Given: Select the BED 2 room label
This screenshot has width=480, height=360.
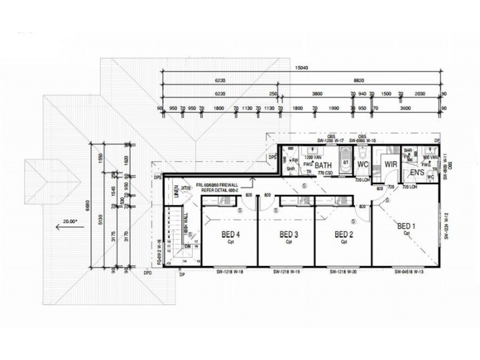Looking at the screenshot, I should pos(344,234).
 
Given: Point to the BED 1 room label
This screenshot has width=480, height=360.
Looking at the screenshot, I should pos(407,226).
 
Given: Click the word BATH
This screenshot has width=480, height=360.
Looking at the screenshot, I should pos(323,165).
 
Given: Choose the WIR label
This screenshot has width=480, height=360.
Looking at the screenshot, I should pos(391,163).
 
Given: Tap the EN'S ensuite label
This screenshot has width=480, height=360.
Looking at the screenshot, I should pos(418,173).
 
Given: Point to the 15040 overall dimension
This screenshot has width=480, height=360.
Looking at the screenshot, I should pos(302,68).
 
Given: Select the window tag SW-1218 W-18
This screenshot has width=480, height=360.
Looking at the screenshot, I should pos(230,272).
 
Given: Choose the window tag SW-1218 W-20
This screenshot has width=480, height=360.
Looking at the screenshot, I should pos(344,272).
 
